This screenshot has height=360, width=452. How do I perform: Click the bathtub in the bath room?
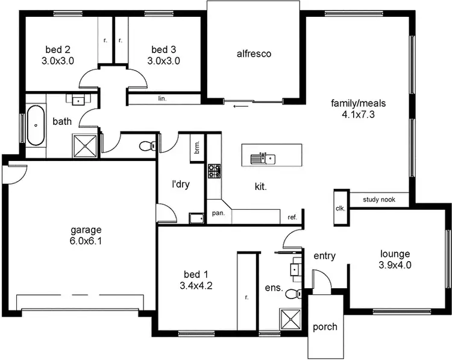point(36,125)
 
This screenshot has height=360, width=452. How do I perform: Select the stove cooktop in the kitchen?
point(215,171)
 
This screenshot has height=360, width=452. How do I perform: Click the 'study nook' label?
point(379,200)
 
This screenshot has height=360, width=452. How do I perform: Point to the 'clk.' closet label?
point(340,209)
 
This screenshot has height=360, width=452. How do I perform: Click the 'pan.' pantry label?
point(218,213)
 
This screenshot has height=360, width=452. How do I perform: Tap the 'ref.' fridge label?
point(292,217)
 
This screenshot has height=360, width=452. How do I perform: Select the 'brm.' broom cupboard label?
point(197,147)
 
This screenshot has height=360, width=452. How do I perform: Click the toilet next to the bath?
point(146,145)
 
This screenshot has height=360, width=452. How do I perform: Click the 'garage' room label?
point(86,230)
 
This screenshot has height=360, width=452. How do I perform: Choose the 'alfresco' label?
point(253,54)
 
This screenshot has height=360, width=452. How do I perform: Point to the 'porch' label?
point(325,327)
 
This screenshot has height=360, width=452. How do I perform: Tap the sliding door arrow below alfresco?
point(239,107)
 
